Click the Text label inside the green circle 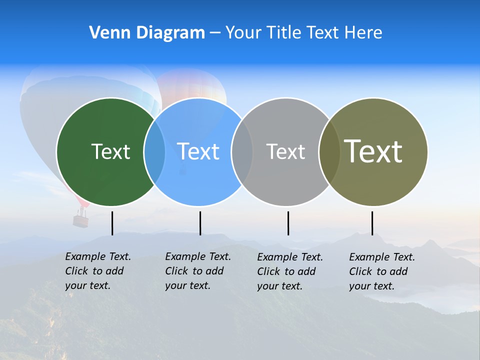pos(110,151)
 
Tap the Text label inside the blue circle pos(198,151)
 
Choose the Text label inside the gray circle pos(285,151)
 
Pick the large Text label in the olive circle pos(373,151)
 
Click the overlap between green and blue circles pos(154,151)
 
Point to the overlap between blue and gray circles pos(242,151)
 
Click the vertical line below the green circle pos(112,223)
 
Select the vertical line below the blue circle pos(200,223)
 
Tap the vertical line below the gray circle pos(288,223)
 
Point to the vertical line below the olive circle pos(372,223)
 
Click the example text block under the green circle pos(97,271)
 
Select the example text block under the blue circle pos(197,271)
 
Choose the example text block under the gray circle pos(289,271)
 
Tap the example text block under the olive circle pos(381,271)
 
